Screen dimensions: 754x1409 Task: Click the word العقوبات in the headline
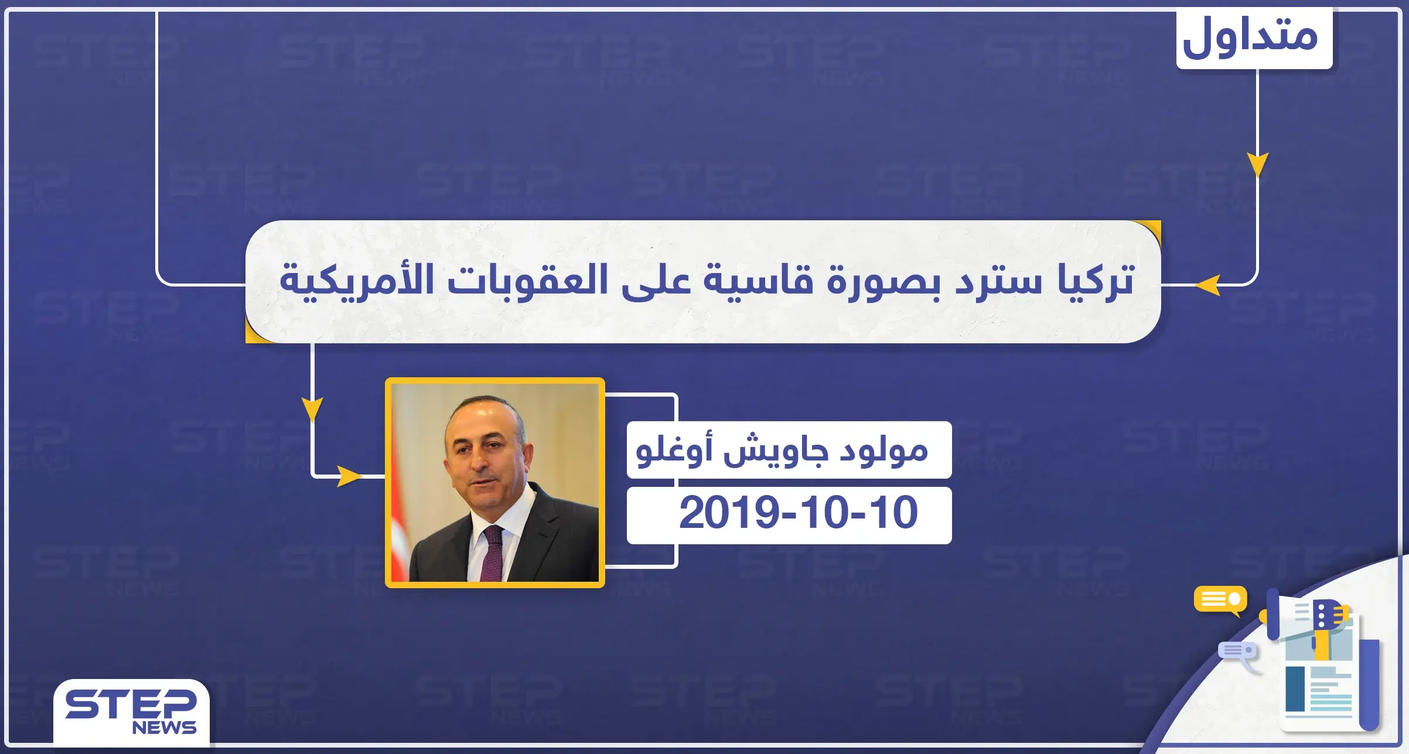[x=527, y=280]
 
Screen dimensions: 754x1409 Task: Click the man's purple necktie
[x=491, y=553]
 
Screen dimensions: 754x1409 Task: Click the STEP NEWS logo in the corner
[x=131, y=711]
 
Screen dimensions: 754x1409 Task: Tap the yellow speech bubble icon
[x=1220, y=600]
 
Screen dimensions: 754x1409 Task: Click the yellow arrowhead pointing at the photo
[x=349, y=476]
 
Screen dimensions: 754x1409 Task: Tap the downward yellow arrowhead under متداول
[x=1257, y=164]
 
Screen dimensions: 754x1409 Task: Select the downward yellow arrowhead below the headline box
[x=312, y=408]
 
